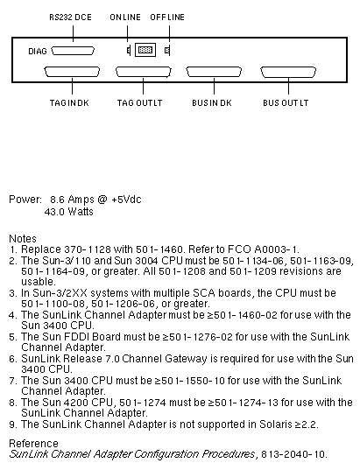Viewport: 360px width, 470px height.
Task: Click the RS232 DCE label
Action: pos(70,18)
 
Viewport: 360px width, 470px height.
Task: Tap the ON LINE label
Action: pos(125,18)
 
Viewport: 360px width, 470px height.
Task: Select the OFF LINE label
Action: pos(167,18)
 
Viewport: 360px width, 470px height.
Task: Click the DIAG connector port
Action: pos(73,51)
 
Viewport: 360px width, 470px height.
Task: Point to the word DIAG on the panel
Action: pos(38,52)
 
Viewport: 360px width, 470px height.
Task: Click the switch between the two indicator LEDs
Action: pos(145,50)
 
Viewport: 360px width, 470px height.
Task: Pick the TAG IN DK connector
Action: pos(72,72)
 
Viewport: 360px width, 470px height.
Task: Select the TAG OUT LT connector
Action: pos(144,72)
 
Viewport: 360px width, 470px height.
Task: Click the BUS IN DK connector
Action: pos(214,72)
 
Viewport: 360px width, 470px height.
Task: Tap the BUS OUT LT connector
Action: pos(288,72)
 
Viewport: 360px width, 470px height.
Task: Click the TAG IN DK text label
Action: pos(69,103)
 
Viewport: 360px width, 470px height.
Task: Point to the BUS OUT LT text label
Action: pos(286,103)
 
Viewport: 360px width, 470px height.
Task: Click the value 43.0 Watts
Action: pos(68,212)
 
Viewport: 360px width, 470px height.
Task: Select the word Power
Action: pos(25,200)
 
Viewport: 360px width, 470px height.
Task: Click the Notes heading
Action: pos(23,239)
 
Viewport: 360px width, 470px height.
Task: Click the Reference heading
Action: pos(33,444)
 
